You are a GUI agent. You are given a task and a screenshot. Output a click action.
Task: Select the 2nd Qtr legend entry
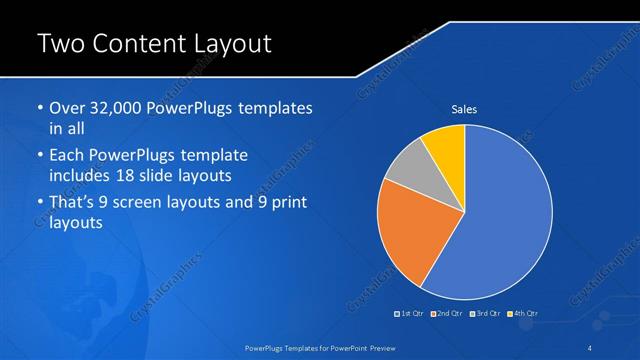click(447, 314)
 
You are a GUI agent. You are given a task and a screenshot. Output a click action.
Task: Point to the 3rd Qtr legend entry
click(486, 314)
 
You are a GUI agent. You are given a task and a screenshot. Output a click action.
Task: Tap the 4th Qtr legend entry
click(525, 314)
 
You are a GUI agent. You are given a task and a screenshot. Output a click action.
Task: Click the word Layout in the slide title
click(225, 44)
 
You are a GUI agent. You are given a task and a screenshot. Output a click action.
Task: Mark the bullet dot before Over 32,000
click(39, 108)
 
